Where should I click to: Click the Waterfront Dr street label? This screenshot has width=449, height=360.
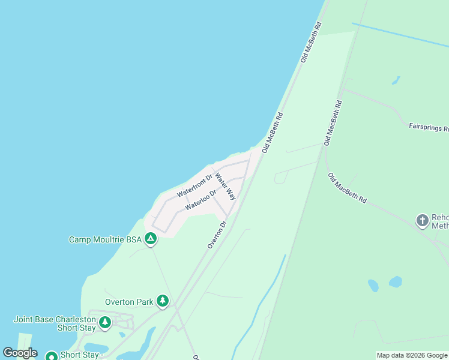coord(195,186)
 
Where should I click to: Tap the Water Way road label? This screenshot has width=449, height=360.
coord(226,187)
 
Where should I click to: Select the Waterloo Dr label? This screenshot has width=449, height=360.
coord(200,200)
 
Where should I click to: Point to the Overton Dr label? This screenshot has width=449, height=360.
coord(217,235)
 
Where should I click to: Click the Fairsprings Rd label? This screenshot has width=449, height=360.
coord(429,127)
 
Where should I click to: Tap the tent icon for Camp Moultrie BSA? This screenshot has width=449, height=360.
coord(151,239)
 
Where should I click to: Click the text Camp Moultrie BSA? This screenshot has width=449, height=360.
coord(105,239)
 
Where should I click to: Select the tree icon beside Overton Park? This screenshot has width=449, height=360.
coord(162,301)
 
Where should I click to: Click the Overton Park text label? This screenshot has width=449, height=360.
coord(129,302)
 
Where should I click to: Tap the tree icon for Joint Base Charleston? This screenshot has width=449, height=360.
coord(105,323)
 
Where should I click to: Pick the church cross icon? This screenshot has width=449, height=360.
coord(422,220)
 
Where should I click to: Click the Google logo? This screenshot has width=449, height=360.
coord(20,353)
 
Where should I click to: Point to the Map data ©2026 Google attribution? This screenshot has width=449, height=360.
coord(412,356)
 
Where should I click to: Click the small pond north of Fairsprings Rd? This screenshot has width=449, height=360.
coord(396,80)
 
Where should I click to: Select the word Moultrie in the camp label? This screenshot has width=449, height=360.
coord(109,239)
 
